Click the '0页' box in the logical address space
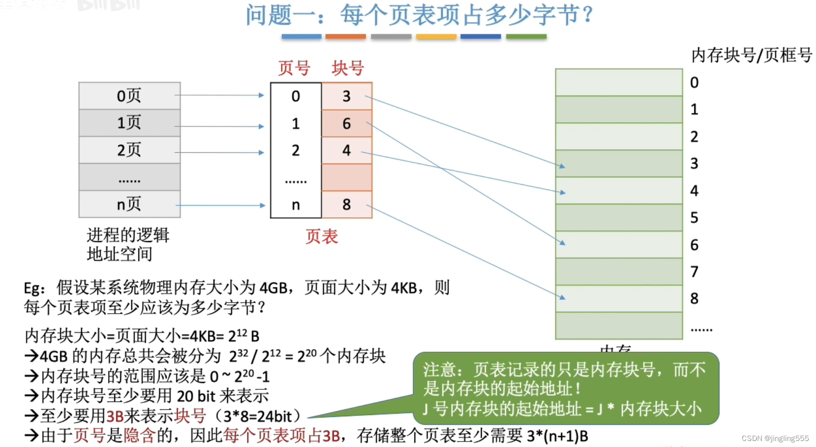coord(129,96)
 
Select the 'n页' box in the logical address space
coord(129,204)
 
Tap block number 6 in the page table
coord(347,123)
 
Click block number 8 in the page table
coord(347,204)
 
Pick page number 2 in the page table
coord(296,150)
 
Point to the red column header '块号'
coord(348,68)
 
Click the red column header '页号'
coord(294,68)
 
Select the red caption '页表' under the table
coord(321,237)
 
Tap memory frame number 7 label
coord(694,272)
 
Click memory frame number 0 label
coord(694,83)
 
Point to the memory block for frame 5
coord(619,217)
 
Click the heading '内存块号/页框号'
coord(751,55)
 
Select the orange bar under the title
coord(345,36)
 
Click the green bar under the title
coord(526,36)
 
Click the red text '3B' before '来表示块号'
coord(115,416)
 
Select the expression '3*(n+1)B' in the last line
coord(557,436)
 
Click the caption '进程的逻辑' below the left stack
coord(128,235)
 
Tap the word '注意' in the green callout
coord(439,370)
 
